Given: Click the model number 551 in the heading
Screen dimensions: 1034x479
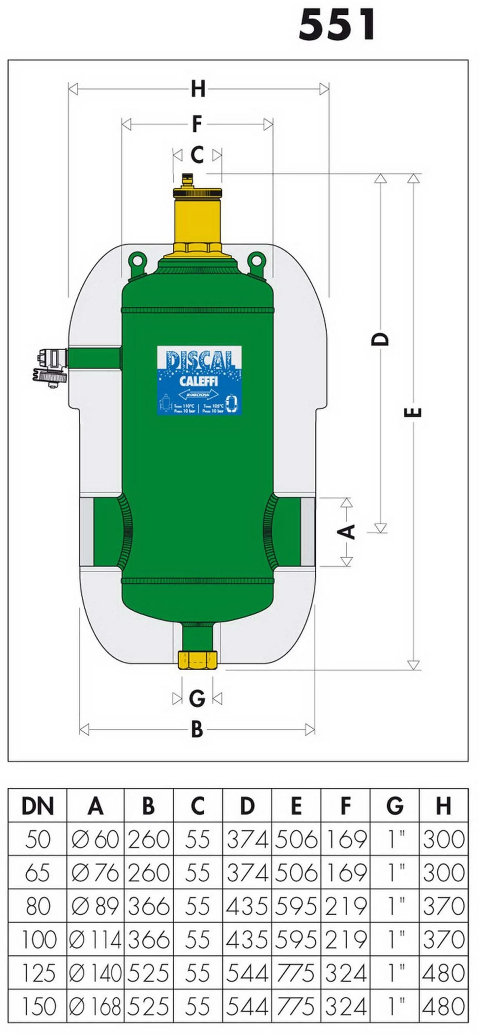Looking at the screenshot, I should [337, 25].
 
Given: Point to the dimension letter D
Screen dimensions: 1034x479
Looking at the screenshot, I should [380, 338].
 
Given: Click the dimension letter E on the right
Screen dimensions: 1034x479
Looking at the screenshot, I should [413, 412].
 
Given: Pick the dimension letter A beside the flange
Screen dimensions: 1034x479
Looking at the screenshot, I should [347, 531].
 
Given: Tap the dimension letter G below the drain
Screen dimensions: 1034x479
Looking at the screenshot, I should [197, 698].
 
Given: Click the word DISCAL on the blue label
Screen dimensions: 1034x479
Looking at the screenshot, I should [199, 359].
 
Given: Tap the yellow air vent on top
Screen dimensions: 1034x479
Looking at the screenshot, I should [197, 214].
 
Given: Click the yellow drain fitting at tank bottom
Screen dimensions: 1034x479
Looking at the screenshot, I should [198, 660].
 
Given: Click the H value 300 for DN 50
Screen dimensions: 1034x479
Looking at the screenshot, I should [443, 840].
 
